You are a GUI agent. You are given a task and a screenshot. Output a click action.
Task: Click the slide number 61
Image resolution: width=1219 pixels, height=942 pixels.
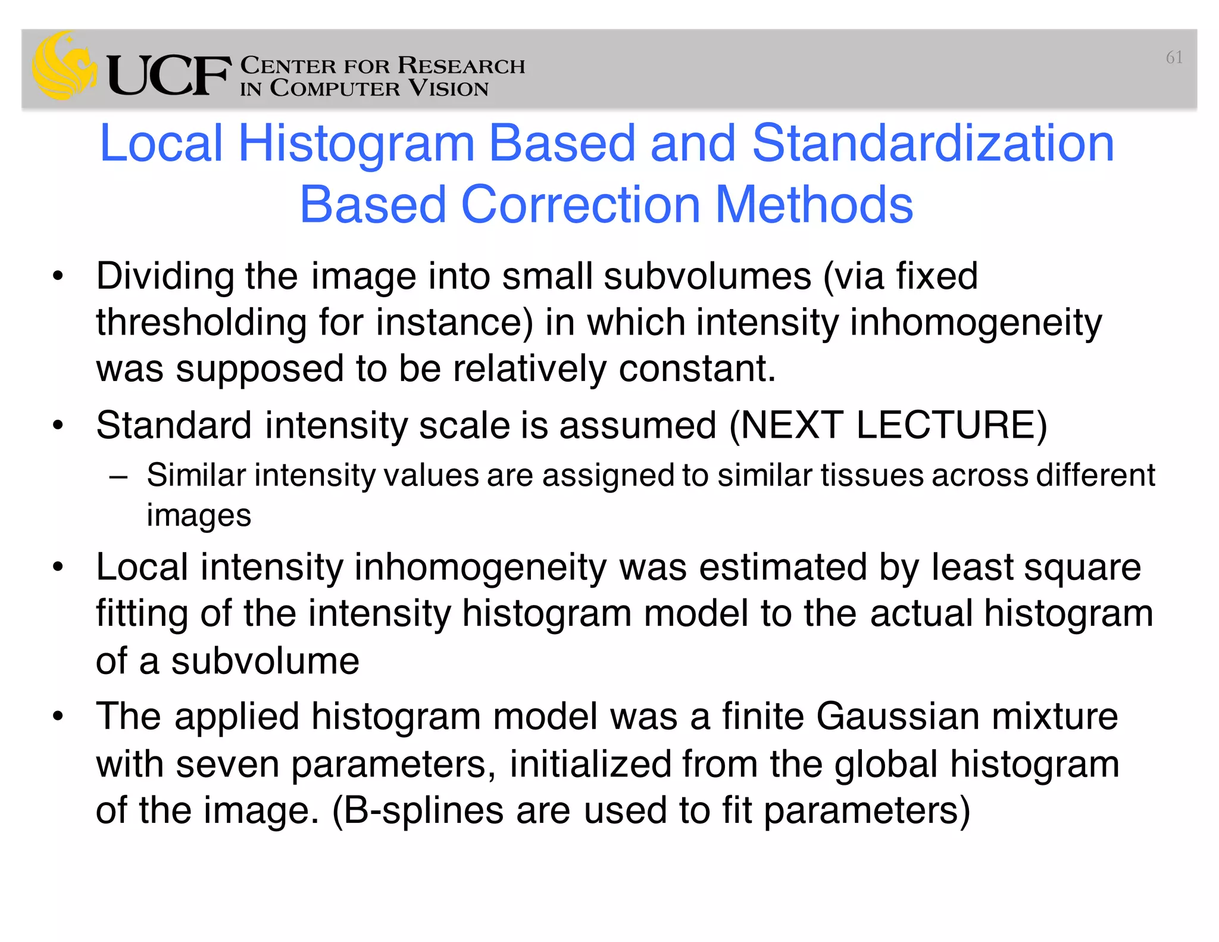pos(1174,58)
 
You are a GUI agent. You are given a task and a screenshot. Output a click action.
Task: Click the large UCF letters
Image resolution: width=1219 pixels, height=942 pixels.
pos(168,76)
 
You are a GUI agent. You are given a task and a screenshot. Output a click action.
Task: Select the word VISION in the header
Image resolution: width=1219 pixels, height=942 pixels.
pos(448,89)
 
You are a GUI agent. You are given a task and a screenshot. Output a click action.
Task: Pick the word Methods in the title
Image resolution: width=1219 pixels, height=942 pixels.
pos(813,205)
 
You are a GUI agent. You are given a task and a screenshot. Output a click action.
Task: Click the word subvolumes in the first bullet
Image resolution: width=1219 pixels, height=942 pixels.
pos(707,277)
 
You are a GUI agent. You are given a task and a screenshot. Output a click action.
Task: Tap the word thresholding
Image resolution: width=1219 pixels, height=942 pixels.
pos(201,323)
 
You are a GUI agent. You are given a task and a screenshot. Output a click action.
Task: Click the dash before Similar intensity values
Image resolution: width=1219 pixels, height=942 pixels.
pos(118,476)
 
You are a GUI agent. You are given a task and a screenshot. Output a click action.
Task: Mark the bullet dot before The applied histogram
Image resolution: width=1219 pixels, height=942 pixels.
pos(57,716)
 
